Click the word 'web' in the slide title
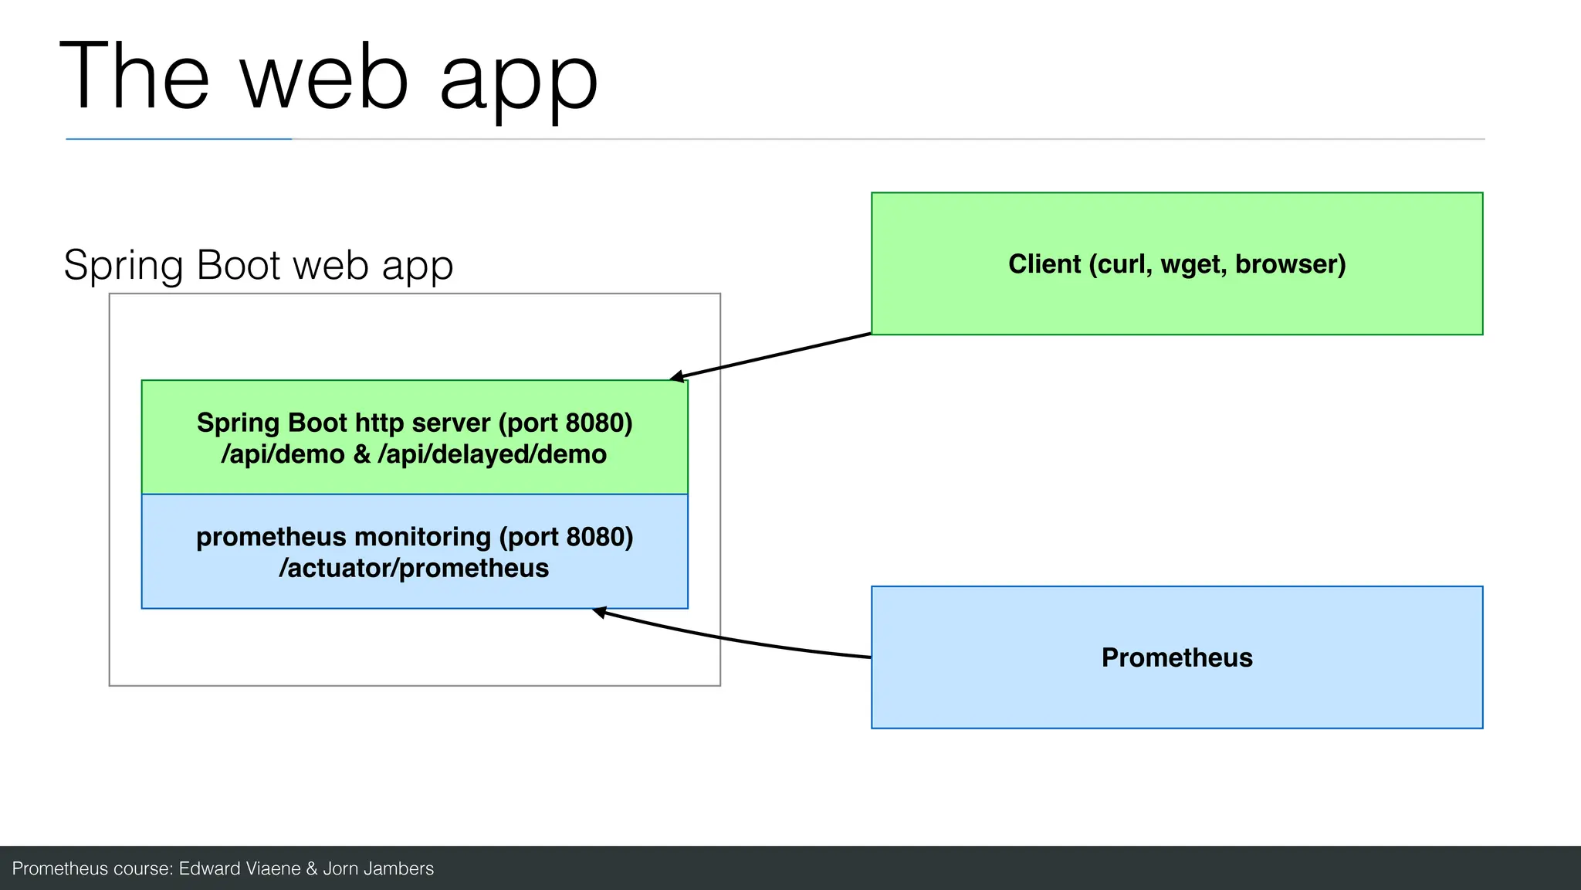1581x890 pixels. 324,77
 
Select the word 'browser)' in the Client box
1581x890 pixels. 1290,264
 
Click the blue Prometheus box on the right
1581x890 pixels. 1176,695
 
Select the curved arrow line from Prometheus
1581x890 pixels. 733,640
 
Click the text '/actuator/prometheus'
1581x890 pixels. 414,569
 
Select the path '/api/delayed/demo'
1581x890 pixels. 492,454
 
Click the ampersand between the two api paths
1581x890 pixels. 361,454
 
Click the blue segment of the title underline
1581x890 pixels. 178,139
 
